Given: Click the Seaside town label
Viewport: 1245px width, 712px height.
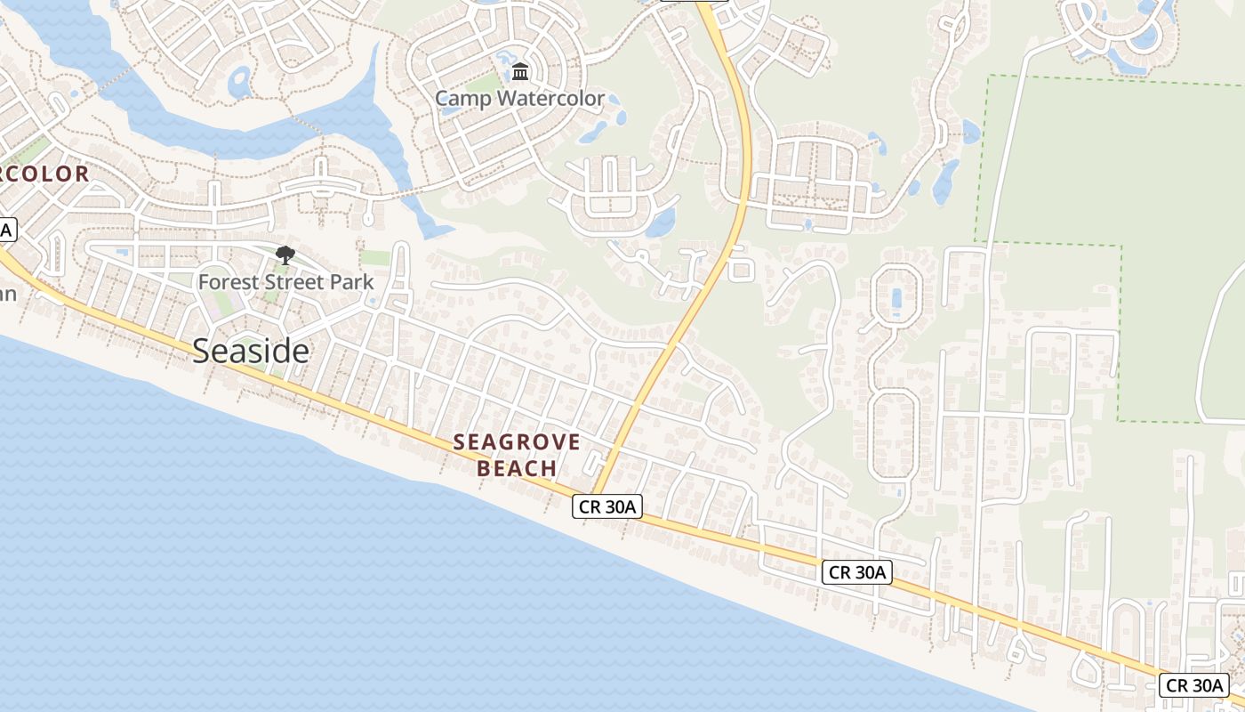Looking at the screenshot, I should (x=251, y=352).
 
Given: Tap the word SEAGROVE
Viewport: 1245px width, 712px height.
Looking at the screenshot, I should (x=517, y=442).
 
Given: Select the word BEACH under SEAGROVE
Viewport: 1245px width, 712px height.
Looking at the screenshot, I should (x=517, y=468).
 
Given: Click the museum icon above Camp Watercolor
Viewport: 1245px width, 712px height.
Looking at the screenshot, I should (x=520, y=71).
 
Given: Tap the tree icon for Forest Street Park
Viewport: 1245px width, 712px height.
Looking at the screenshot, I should (x=285, y=256).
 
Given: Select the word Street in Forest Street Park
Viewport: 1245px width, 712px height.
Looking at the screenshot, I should (x=293, y=282).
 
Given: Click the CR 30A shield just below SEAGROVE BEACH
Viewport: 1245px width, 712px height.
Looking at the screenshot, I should (x=606, y=507).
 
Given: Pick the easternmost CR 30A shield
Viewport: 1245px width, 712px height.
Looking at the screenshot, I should (x=1194, y=685).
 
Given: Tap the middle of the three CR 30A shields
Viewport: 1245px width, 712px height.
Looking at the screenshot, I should (x=856, y=572).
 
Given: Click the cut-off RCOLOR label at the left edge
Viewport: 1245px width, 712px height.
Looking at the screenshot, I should (x=44, y=174).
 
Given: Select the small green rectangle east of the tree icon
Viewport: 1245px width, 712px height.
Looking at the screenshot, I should (x=375, y=258).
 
